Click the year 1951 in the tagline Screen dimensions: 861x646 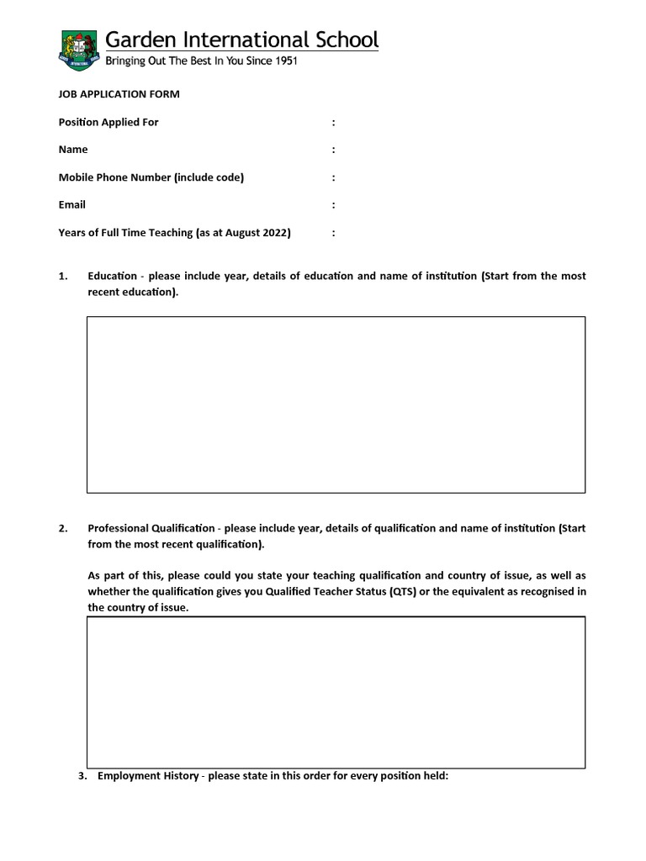(283, 61)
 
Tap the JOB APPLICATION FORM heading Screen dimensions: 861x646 (119, 94)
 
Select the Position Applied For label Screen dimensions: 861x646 (109, 122)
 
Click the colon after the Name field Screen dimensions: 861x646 (333, 150)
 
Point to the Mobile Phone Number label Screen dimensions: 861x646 (151, 177)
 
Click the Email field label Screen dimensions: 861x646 (71, 204)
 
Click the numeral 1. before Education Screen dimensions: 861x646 (63, 277)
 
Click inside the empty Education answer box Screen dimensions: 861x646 (336, 404)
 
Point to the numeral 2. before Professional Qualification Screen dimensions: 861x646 (63, 529)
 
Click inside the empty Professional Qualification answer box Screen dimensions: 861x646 (336, 692)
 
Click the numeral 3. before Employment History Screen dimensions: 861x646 (82, 776)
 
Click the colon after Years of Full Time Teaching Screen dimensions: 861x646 (333, 233)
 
